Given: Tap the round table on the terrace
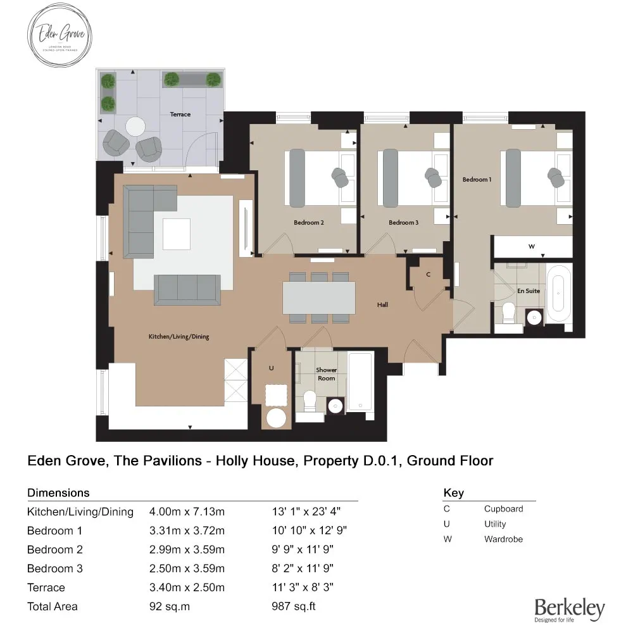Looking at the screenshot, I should [x=135, y=127].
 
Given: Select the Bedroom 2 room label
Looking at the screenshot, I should [x=309, y=222].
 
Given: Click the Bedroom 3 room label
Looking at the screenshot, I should [x=403, y=222].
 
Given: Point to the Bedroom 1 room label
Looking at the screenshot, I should [x=476, y=179].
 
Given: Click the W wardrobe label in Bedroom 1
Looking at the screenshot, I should [x=531, y=246].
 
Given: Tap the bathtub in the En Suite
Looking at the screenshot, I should [x=558, y=294].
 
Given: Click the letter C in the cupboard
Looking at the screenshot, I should [x=429, y=274].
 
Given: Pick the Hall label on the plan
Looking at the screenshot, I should [x=382, y=304].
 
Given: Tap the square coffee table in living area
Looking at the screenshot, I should [x=177, y=234].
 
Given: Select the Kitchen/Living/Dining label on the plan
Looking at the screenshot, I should [x=179, y=337].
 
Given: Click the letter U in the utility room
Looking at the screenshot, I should [x=271, y=367].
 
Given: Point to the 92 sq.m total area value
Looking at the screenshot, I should [x=169, y=606].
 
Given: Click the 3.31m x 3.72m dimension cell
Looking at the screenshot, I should [x=187, y=530].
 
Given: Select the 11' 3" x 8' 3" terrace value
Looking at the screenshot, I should [x=303, y=587].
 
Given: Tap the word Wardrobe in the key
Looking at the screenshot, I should [x=503, y=539].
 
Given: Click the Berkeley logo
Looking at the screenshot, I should [x=569, y=610].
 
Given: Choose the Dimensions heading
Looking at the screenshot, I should [x=58, y=492].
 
